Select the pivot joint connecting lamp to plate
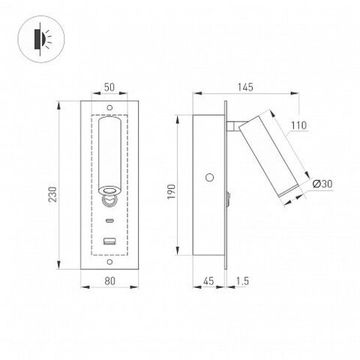click(236, 126)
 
